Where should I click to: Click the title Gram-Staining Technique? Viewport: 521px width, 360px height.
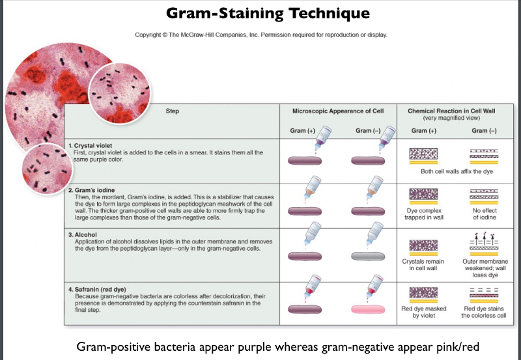tap(268, 13)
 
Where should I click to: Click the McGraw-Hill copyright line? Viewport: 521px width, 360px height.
tap(260, 35)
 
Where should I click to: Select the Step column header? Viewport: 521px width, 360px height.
tap(173, 111)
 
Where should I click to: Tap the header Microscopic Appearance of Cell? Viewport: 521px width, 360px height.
tap(338, 111)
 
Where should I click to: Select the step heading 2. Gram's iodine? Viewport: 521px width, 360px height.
tap(93, 189)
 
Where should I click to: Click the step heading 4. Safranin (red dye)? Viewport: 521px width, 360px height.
tap(101, 289)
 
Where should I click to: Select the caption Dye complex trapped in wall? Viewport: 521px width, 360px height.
tap(425, 215)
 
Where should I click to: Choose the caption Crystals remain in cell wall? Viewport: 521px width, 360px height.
tap(425, 264)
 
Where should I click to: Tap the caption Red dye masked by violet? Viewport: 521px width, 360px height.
tap(425, 312)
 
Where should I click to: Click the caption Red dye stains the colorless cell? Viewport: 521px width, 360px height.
tap(483, 312)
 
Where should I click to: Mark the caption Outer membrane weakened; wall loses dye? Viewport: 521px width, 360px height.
tap(483, 268)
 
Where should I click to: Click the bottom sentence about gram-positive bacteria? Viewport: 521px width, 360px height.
tap(260, 345)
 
